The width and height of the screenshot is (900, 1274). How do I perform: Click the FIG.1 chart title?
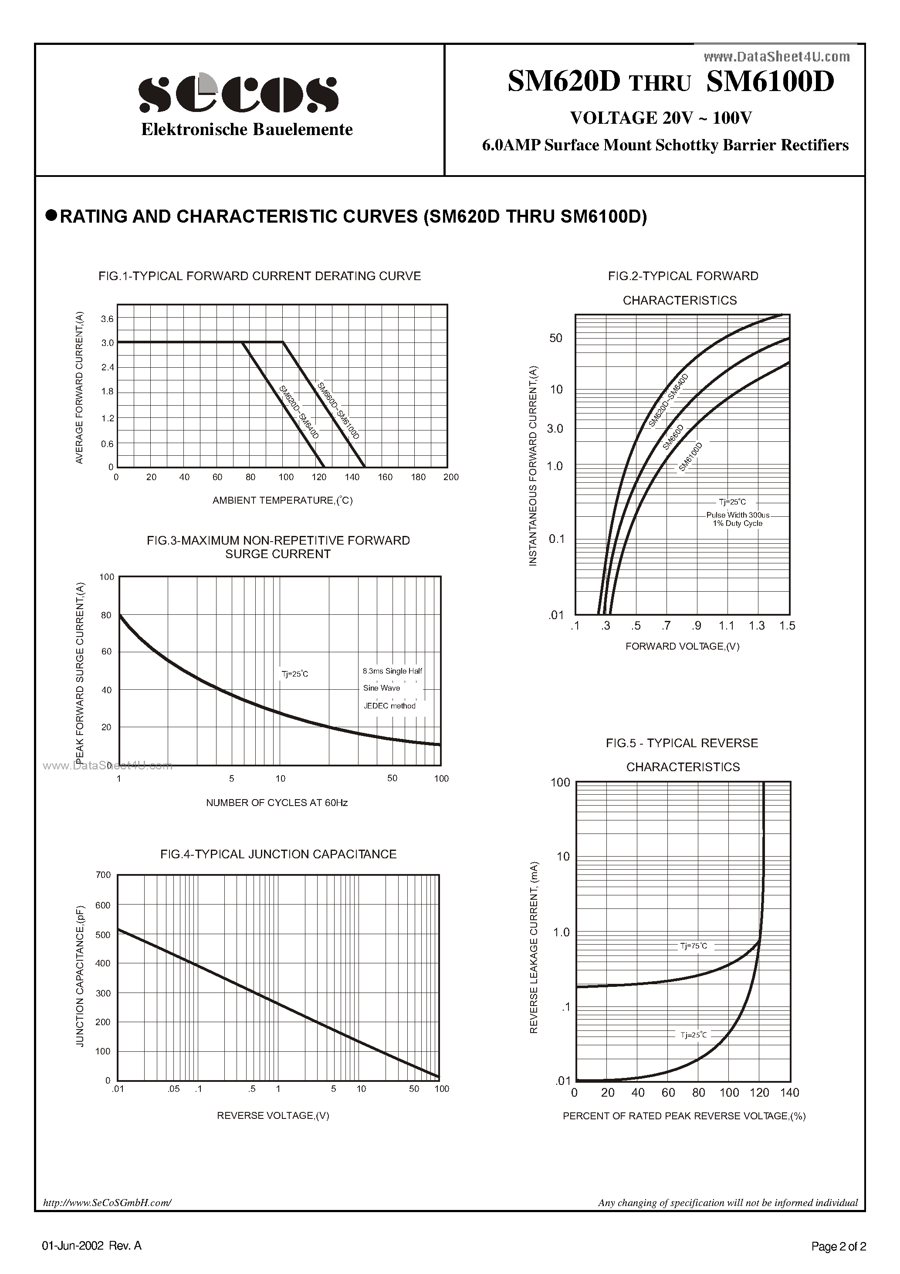[x=259, y=276]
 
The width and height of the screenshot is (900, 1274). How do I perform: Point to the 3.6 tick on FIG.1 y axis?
[x=107, y=318]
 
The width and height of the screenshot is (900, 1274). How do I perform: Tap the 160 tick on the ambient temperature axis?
[x=385, y=477]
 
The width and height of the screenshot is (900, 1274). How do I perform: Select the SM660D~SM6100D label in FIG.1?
[x=338, y=410]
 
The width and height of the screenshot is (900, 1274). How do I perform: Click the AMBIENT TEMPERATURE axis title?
[x=282, y=501]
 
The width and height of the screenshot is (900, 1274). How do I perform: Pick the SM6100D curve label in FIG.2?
[x=691, y=457]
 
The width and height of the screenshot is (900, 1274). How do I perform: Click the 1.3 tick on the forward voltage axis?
[x=756, y=626]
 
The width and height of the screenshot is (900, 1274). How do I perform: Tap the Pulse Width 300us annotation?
[x=738, y=515]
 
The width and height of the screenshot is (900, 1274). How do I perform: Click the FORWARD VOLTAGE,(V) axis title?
[x=682, y=647]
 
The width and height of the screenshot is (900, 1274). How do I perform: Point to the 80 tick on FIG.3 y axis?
[x=106, y=615]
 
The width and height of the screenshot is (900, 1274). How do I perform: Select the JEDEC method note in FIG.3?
[x=389, y=706]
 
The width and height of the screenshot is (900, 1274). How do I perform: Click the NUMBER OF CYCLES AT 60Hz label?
[x=277, y=803]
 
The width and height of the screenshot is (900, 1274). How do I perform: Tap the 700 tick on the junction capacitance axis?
[x=103, y=875]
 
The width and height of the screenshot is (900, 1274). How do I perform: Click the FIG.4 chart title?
[x=278, y=854]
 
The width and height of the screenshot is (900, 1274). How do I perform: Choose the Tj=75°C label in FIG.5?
[x=694, y=946]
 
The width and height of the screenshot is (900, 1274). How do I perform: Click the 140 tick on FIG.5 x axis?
[x=790, y=1093]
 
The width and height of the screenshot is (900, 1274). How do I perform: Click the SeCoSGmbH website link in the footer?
[x=107, y=1203]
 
